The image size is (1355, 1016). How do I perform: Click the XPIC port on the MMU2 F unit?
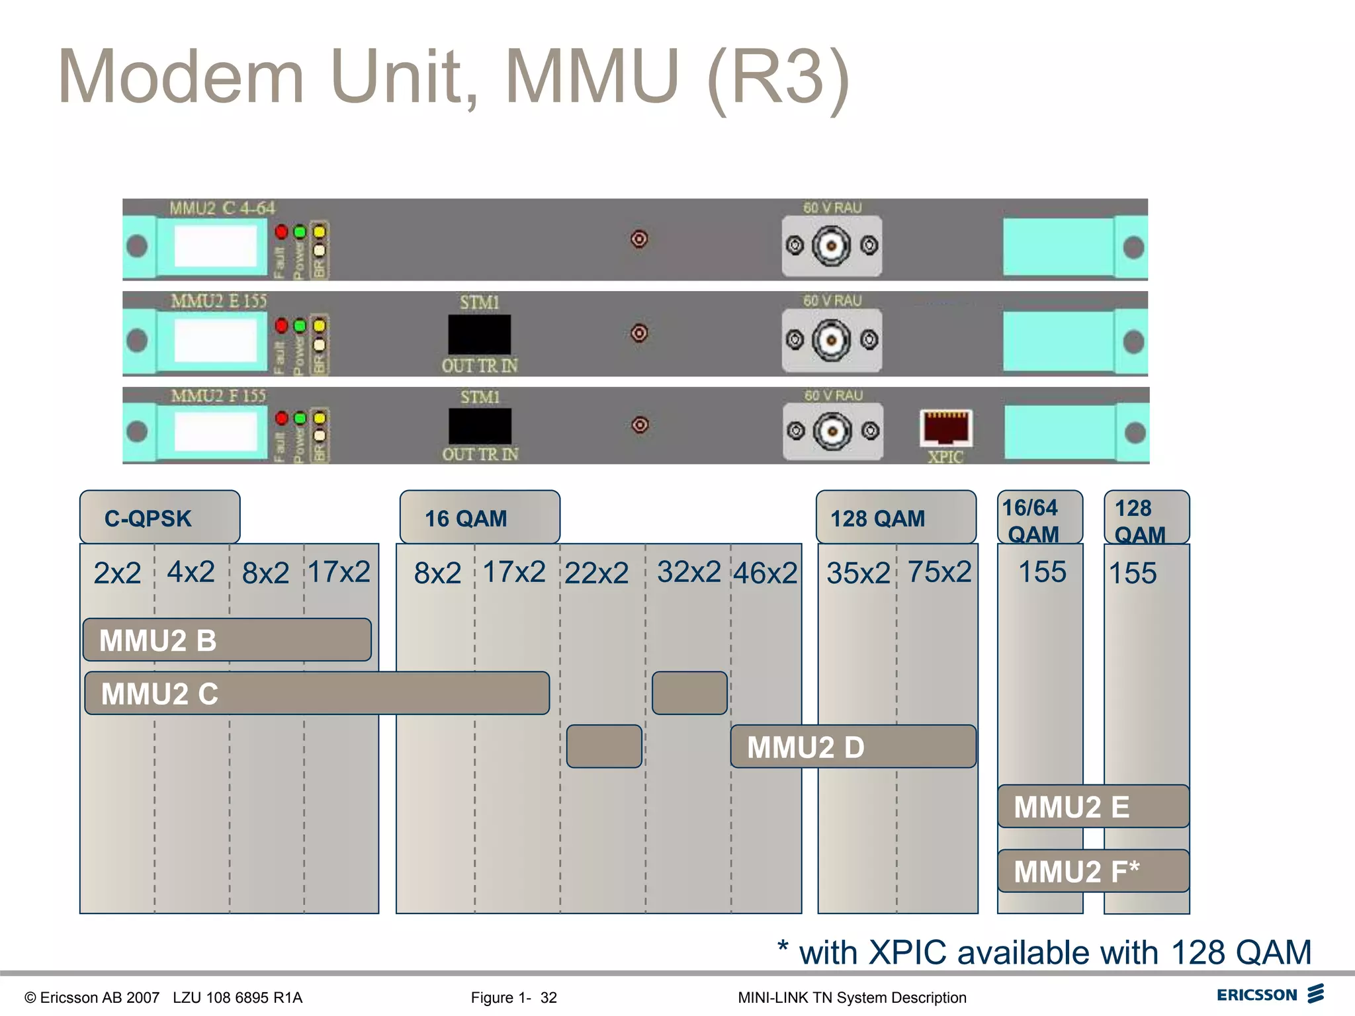(x=946, y=427)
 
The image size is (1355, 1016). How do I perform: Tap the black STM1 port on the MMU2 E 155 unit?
(x=479, y=335)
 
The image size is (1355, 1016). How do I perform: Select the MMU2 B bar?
(x=227, y=640)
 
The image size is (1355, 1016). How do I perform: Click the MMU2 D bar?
(x=853, y=746)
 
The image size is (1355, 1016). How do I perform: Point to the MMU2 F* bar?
(x=1093, y=870)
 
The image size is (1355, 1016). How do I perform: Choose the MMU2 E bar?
(x=1093, y=806)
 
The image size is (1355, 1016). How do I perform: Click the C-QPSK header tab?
(x=159, y=518)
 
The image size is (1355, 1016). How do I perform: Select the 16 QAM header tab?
(x=479, y=518)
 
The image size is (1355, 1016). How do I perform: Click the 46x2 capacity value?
(x=765, y=573)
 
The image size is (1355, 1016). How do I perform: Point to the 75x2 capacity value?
(x=939, y=571)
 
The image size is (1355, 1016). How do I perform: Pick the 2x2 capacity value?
(x=117, y=573)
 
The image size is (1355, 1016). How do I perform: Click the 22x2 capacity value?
(x=596, y=573)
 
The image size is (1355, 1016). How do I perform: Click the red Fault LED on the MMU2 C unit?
(x=281, y=232)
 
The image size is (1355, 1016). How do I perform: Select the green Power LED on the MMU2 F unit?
(x=300, y=418)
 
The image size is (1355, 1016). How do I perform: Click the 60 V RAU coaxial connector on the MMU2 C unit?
(x=831, y=245)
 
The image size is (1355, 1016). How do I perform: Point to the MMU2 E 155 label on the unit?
(x=218, y=302)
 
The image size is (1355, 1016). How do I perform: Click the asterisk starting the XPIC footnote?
(x=783, y=947)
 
